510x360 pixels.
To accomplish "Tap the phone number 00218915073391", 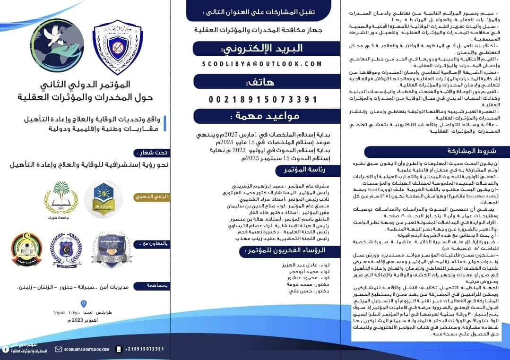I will (x=263, y=99).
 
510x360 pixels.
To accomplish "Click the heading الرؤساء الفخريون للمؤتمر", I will (x=296, y=250).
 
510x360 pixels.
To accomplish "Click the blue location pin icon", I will (x=84, y=304).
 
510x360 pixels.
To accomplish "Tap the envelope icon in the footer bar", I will (x=59, y=349).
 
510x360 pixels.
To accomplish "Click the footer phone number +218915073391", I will (x=145, y=349).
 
